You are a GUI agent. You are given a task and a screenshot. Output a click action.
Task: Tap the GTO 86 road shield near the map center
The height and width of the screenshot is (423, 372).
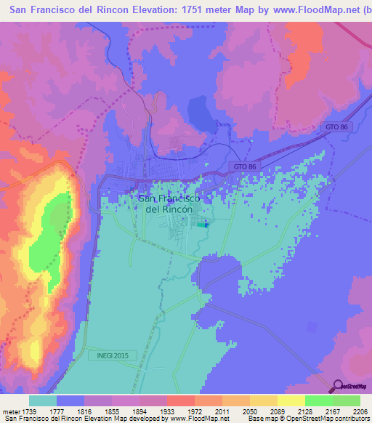click(246, 166)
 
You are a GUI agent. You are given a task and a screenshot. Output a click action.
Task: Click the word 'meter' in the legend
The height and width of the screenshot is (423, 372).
click(11, 411)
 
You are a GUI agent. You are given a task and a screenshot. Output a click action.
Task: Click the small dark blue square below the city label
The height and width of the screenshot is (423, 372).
click(206, 225)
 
